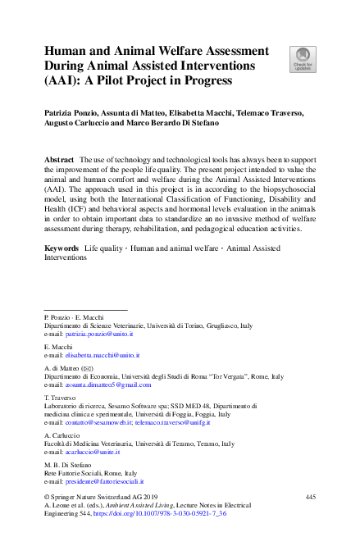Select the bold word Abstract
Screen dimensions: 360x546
tap(60, 157)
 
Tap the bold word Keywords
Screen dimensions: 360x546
tap(62, 246)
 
